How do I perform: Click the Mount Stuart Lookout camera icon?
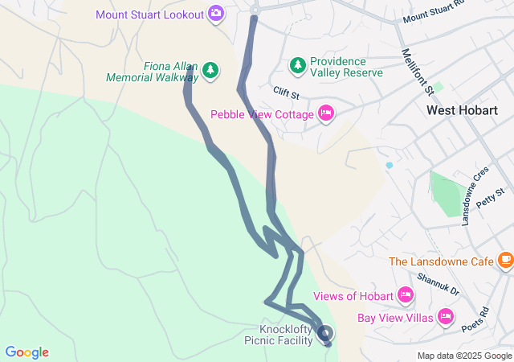[215, 13]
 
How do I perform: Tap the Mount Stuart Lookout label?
[150, 14]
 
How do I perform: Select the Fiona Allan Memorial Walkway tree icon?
[210, 71]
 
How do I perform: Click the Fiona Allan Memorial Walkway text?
[152, 72]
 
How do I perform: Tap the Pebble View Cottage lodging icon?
[325, 113]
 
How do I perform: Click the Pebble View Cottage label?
[262, 114]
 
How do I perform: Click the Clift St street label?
[286, 93]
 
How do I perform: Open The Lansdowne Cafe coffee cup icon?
[504, 260]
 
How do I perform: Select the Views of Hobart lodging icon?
[406, 296]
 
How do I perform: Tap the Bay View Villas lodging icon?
[446, 317]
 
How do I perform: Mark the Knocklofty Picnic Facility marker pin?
[324, 332]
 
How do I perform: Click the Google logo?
[27, 352]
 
